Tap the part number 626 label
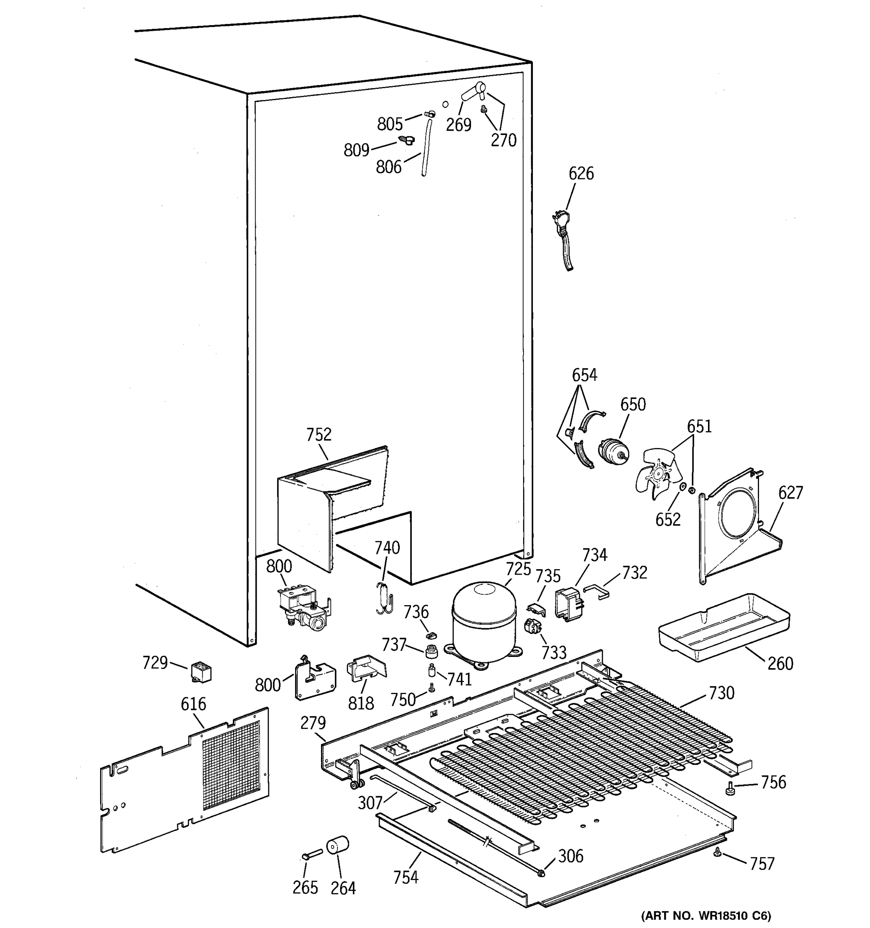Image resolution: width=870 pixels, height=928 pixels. [x=581, y=173]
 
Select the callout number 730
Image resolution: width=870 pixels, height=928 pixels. [x=721, y=693]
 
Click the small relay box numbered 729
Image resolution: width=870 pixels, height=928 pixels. [x=201, y=672]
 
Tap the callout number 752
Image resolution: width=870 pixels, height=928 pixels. [x=319, y=435]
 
